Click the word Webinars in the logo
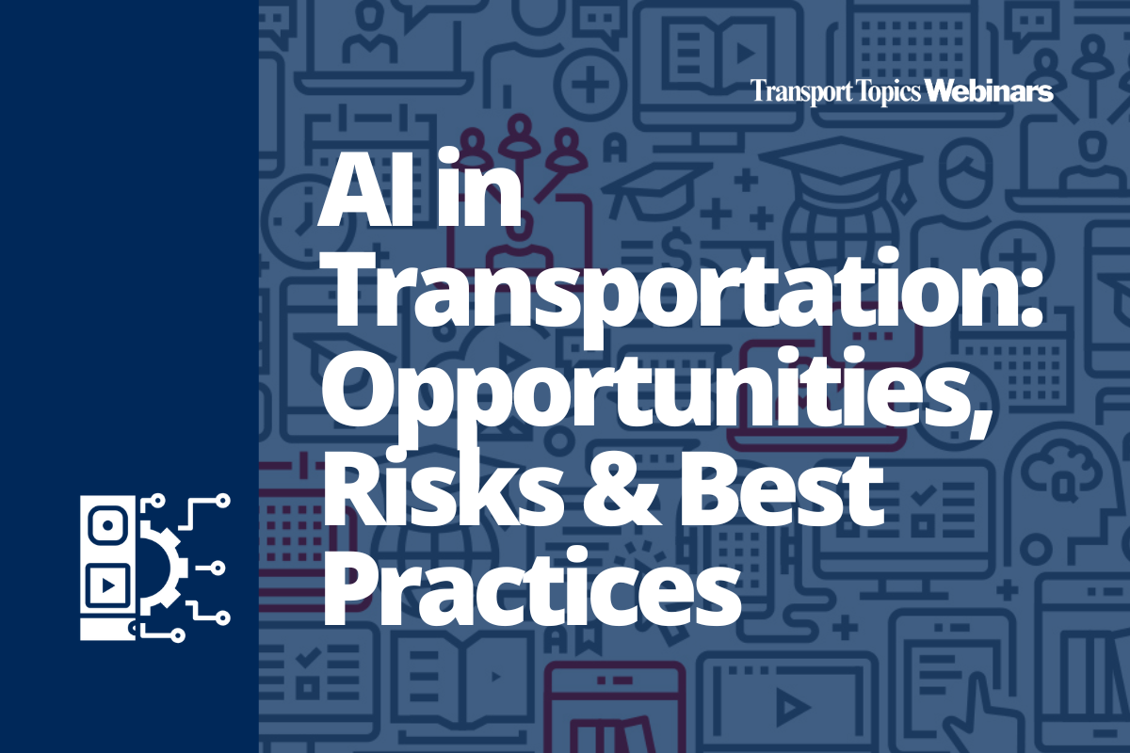point(989,92)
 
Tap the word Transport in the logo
point(801,93)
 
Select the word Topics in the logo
point(888,93)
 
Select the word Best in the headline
point(781,491)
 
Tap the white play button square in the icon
point(107,585)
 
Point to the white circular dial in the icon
point(107,525)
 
